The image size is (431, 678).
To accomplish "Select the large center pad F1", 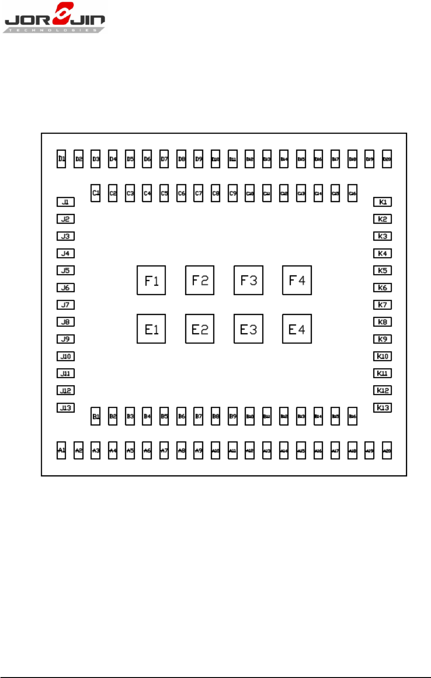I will pyautogui.click(x=151, y=280).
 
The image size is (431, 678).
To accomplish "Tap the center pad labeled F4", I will pyautogui.click(x=297, y=280).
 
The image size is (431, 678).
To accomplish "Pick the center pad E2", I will pyautogui.click(x=199, y=329).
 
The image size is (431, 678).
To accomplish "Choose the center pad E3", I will pyautogui.click(x=248, y=329).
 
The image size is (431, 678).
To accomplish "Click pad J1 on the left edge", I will pyautogui.click(x=66, y=202).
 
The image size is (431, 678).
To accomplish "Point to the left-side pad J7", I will pyautogui.click(x=66, y=305).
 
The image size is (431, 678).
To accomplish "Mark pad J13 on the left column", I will pyautogui.click(x=66, y=408).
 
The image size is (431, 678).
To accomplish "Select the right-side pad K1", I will pyautogui.click(x=382, y=202).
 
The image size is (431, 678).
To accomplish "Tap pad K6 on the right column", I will pyautogui.click(x=382, y=288).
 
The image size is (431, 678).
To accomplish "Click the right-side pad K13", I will pyautogui.click(x=382, y=408).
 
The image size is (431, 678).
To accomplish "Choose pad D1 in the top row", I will pyautogui.click(x=61, y=159).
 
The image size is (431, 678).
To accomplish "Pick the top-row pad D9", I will pyautogui.click(x=199, y=159).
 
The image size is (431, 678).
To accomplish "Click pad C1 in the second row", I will pyautogui.click(x=95, y=193).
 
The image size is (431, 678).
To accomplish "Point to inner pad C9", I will pyautogui.click(x=233, y=193).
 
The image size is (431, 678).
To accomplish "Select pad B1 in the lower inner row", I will pyautogui.click(x=95, y=416).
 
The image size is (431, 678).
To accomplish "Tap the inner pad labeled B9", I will pyautogui.click(x=233, y=416).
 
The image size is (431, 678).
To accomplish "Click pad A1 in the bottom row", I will pyautogui.click(x=61, y=450).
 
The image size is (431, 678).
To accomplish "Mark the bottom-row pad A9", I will pyautogui.click(x=199, y=450).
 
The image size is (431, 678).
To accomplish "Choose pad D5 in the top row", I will pyautogui.click(x=130, y=159).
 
